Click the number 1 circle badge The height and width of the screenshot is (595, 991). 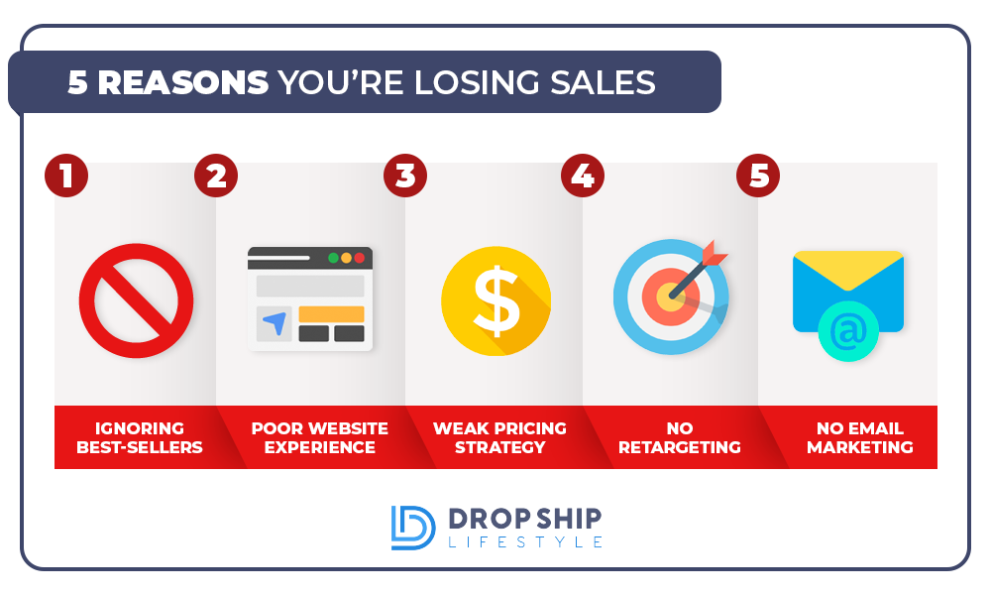66,176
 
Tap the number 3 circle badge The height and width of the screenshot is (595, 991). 405,176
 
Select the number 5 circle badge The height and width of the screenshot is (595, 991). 758,176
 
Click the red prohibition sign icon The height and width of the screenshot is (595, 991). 137,300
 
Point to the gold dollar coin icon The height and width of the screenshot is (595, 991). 496,300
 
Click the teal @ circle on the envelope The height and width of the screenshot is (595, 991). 848,331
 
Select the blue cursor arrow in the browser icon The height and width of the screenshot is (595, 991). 275,322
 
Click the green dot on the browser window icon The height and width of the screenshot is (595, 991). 333,258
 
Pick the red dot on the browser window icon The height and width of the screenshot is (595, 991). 359,258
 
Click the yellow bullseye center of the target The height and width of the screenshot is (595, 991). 670,297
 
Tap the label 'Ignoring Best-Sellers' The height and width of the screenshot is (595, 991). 140,437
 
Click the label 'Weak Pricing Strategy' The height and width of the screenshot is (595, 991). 499,437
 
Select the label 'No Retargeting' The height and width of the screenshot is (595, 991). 680,437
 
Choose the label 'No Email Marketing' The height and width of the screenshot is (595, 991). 859,437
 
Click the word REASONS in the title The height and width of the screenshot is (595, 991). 183,83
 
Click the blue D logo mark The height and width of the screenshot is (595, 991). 412,528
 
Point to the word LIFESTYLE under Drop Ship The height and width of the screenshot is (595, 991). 525,541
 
